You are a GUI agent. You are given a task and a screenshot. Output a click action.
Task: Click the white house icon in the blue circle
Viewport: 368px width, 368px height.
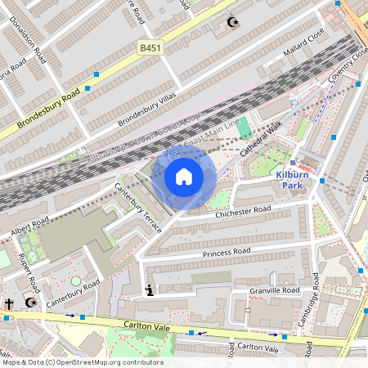point(184,176)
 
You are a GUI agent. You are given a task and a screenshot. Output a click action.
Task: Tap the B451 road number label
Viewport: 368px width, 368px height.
point(151,48)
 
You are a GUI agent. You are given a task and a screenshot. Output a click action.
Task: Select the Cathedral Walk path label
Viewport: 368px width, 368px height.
point(261,140)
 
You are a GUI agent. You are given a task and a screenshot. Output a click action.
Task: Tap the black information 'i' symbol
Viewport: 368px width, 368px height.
point(149,289)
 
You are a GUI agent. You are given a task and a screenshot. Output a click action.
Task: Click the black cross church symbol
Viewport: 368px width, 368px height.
point(9,303)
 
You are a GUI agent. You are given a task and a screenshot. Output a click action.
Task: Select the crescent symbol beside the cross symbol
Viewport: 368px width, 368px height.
point(31,303)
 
